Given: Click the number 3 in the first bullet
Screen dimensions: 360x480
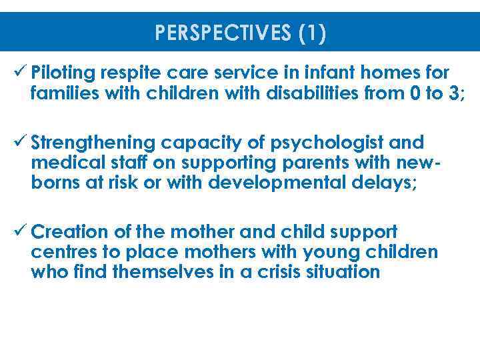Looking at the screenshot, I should tap(455, 93).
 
